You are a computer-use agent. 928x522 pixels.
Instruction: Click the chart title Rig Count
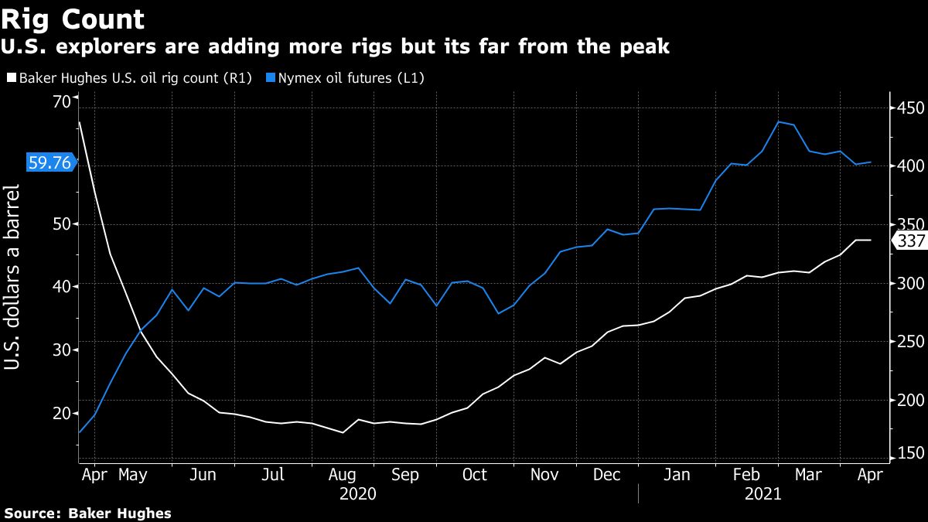pos(73,19)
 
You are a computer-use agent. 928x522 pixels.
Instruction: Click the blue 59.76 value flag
pos(49,162)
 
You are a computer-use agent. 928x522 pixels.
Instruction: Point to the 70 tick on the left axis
pos(61,101)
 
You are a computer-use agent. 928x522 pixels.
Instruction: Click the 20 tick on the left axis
pos(61,413)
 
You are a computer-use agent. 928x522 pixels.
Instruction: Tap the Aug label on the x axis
pos(342,474)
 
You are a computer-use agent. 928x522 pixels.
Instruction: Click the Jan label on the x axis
pos(677,474)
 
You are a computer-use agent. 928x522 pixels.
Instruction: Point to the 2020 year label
pos(357,493)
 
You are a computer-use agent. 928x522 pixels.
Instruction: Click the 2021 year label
pos(763,493)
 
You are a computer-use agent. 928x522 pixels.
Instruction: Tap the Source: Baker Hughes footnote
pos(87,513)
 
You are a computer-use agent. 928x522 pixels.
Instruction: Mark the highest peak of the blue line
pos(779,121)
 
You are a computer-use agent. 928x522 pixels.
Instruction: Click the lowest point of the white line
pos(342,432)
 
